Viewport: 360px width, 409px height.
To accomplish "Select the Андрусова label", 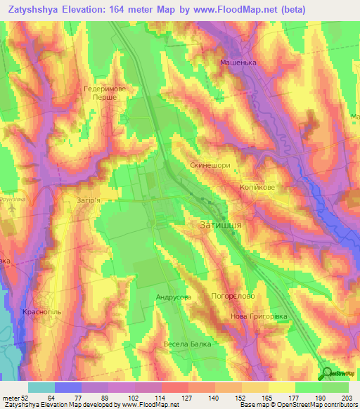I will (173, 297).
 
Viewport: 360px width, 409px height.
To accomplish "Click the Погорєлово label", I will (232, 297).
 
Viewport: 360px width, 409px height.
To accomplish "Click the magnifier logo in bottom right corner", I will (327, 373).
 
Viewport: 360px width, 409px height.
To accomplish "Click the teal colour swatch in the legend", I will (41, 387).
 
